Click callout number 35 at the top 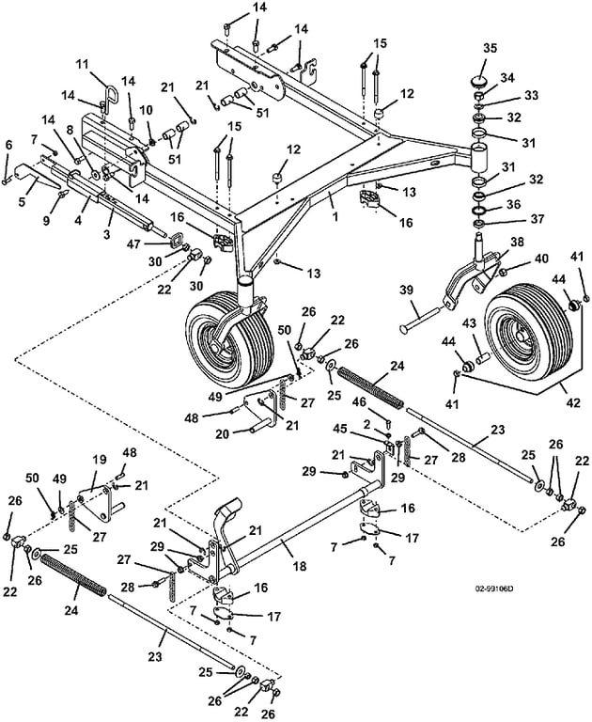(x=490, y=48)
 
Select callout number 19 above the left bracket (x=100, y=460)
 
